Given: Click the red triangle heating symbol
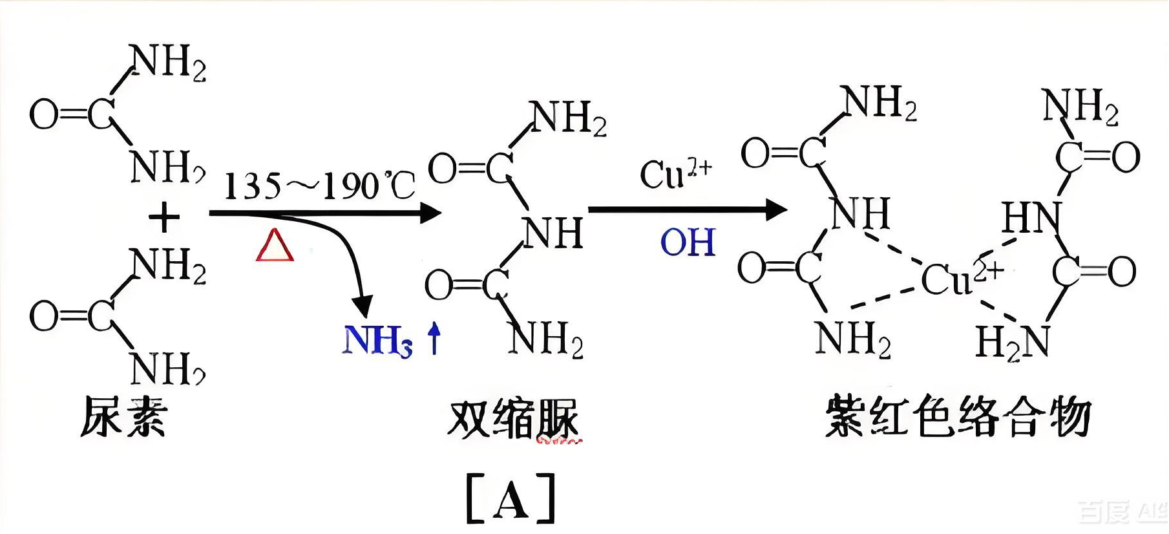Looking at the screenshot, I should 275,246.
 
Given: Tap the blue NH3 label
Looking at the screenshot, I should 377,340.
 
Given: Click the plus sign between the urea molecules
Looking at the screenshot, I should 164,217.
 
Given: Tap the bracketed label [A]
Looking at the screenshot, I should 511,498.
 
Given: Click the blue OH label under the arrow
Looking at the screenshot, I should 688,243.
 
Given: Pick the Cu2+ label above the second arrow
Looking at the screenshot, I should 675,173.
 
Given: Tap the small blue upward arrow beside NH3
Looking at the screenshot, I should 434,339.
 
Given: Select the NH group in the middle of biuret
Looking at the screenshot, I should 553,233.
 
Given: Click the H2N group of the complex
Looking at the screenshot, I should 1011,342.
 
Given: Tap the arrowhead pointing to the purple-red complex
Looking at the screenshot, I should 775,209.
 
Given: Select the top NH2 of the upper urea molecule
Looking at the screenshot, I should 168,63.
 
